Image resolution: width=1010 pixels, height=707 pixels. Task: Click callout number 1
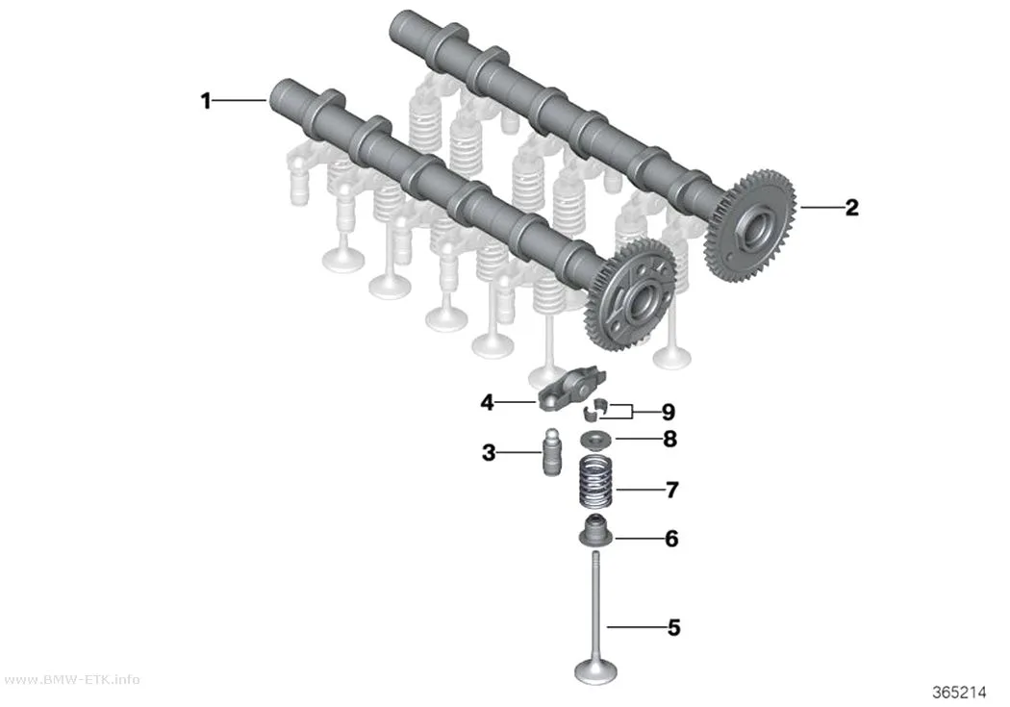pos(206,101)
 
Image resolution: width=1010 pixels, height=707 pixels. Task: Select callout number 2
pos(851,208)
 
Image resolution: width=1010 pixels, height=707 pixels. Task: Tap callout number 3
pos(489,453)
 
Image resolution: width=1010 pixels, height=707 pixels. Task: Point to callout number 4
pos(487,402)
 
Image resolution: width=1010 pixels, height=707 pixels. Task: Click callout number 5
pos(673,627)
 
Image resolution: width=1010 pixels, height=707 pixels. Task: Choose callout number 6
pos(671,539)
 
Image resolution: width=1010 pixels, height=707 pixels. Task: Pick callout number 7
pos(671,490)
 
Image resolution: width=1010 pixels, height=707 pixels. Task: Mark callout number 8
pos(669,440)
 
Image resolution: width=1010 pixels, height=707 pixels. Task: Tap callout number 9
pos(668,412)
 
